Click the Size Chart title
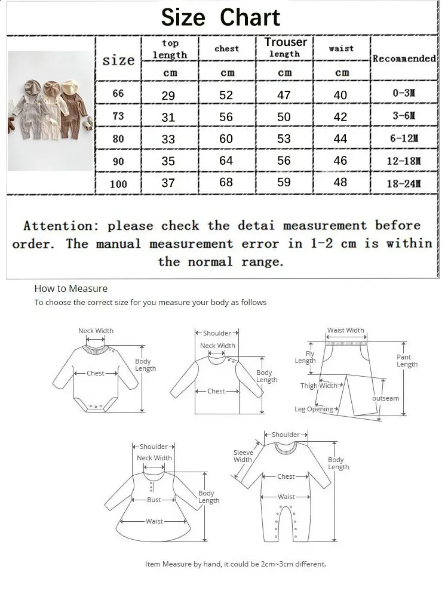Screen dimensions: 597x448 pos(220,17)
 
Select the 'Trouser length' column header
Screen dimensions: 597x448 pos(285,48)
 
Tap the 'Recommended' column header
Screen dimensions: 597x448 pos(404,59)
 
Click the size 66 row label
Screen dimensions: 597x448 pos(118,94)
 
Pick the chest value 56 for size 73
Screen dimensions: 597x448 pos(226,117)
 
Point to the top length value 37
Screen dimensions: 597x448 pos(168,183)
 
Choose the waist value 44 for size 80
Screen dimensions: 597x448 pos(340,139)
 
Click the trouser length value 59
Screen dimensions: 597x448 pos(284,182)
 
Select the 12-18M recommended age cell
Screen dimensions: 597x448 pos(404,161)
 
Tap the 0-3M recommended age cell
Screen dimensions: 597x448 pos(404,94)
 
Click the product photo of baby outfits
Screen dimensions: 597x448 pos(51,111)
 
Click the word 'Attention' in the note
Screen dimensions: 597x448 pos(57,226)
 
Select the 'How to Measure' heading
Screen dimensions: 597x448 pos(71,288)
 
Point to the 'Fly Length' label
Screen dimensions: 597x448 pos(305,357)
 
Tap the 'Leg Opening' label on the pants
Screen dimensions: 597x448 pos(314,409)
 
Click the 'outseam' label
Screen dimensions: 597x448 pos(385,398)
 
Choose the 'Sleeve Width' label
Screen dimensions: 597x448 pos(243,456)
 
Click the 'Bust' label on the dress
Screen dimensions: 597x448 pos(154,500)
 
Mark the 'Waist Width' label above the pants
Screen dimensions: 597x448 pos(345,330)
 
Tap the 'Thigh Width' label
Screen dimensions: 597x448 pos(319,386)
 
